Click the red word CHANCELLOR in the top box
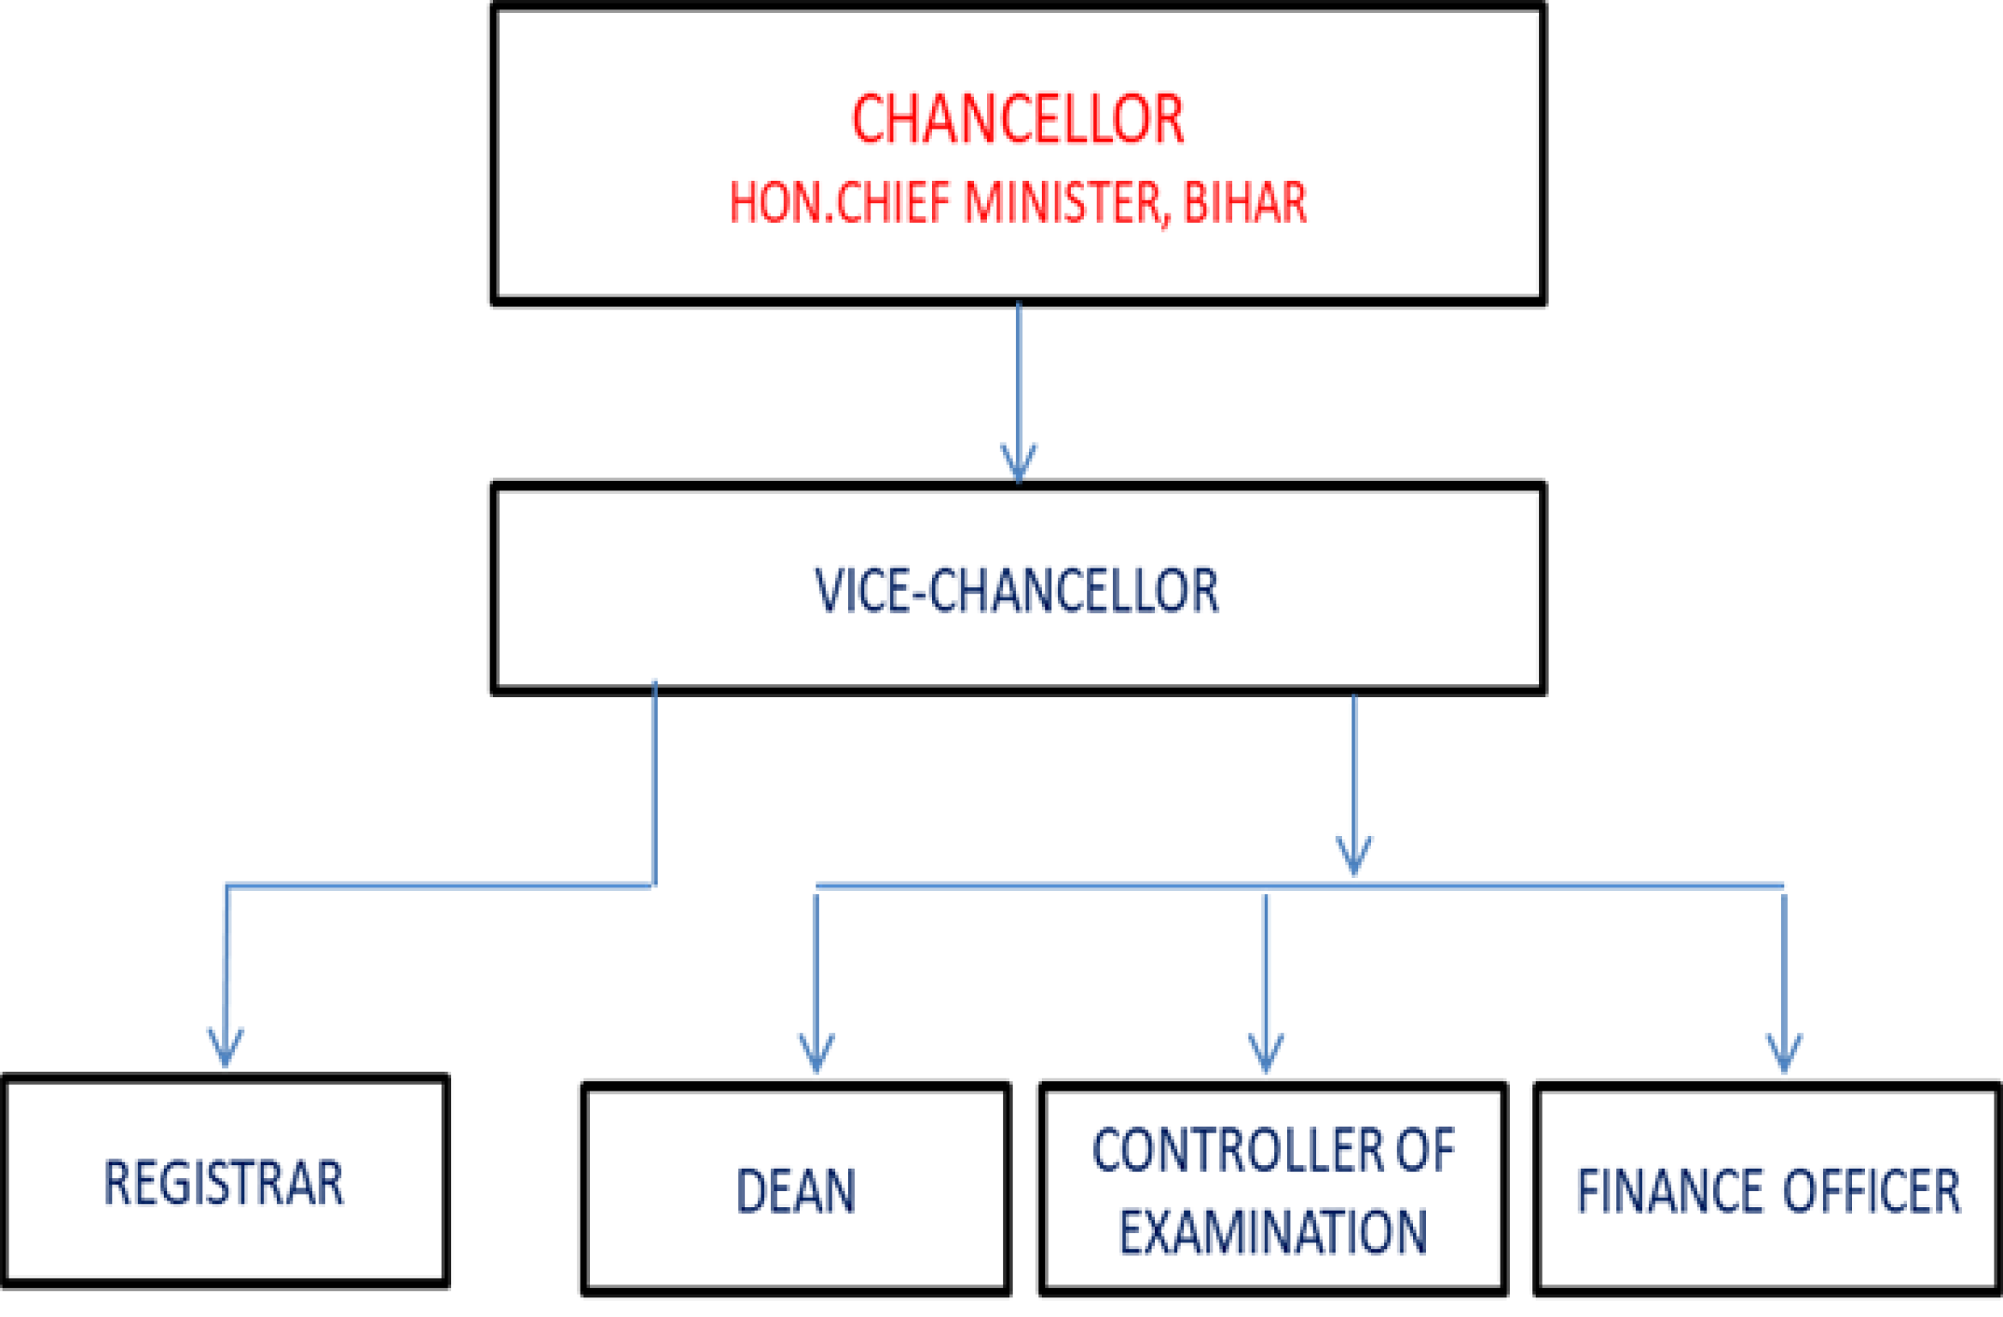point(1018,120)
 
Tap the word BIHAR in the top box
point(1244,203)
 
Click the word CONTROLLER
point(1239,1151)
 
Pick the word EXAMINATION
point(1273,1233)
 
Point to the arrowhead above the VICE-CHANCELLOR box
point(1019,463)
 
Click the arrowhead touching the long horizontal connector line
point(1354,856)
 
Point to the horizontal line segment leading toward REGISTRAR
point(437,886)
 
